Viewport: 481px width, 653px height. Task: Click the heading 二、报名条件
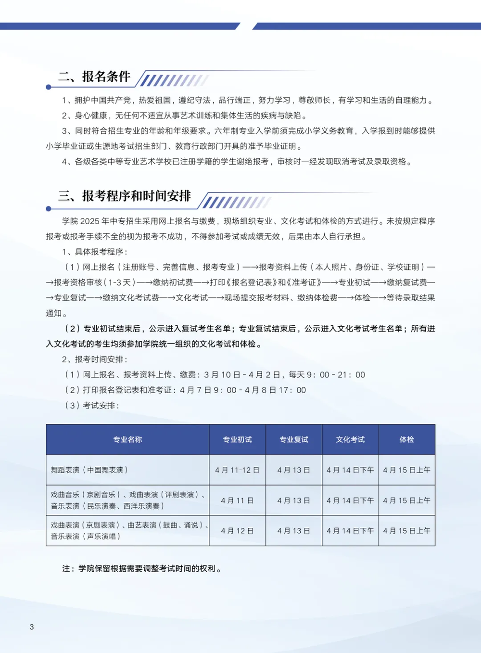[x=94, y=77]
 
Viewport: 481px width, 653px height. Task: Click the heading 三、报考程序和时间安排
[x=125, y=196]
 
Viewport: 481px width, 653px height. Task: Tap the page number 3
[x=32, y=627]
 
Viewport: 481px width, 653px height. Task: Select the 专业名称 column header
[x=127, y=439]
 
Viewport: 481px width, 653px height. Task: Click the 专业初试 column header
[x=237, y=439]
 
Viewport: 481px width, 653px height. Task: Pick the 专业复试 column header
[x=294, y=439]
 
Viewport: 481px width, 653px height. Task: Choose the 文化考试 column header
[x=350, y=439]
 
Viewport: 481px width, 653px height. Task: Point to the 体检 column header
[x=407, y=439]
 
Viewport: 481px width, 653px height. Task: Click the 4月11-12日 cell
[x=237, y=470]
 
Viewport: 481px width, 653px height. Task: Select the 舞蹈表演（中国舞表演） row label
[x=89, y=470]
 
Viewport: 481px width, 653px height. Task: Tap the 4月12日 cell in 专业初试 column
[x=237, y=531]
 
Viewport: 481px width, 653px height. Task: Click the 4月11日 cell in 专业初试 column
[x=237, y=500]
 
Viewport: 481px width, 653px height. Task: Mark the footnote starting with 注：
[x=142, y=569]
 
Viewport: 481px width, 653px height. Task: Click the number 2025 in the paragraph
[x=89, y=221]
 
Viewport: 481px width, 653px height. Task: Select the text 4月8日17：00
[x=275, y=390]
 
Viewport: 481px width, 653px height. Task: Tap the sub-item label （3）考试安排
[x=92, y=406]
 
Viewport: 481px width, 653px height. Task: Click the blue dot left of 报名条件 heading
[x=49, y=87]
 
